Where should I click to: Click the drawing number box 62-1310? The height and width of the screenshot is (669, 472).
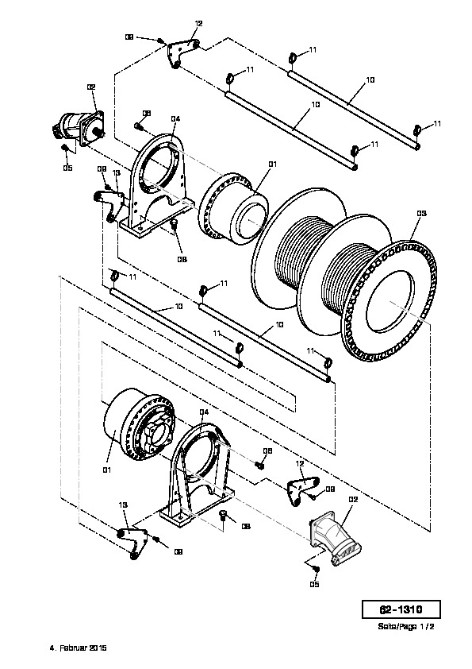pos(401,609)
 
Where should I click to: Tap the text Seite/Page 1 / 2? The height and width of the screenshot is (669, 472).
pos(406,627)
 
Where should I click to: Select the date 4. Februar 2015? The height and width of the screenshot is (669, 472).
pos(79,648)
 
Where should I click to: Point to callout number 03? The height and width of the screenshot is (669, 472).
pos(421,213)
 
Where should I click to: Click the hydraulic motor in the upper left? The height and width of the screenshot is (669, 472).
pos(79,126)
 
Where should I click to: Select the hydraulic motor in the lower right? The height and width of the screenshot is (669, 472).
pos(335,539)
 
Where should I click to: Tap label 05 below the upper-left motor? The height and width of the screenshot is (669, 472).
pos(67,168)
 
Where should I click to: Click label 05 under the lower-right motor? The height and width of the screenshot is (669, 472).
pos(314,584)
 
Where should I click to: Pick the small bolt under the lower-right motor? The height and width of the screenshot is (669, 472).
pos(316,569)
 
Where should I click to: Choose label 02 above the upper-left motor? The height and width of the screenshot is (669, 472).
pos(91,87)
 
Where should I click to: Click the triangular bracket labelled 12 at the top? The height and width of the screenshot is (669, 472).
pos(182,53)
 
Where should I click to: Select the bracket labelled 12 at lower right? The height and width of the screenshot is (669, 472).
pos(302,489)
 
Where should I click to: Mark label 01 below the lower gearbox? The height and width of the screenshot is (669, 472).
pos(106,470)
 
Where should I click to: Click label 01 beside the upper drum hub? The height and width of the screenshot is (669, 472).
pos(273,164)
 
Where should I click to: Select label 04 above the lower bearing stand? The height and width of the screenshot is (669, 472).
pos(204,412)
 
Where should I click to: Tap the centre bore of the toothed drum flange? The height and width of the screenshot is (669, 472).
pos(389,303)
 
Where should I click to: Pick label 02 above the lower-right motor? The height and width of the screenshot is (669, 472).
pos(353,499)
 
